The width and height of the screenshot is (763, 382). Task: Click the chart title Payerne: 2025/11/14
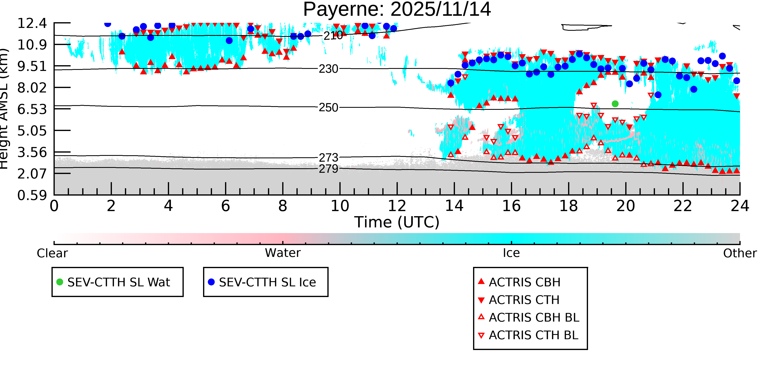coord(397,10)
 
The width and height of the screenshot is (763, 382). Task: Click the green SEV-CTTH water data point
coord(615,104)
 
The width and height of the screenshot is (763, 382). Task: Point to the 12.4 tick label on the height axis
coord(32,23)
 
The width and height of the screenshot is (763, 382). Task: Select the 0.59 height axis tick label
coord(32,195)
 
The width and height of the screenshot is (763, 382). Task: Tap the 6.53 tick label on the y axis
coord(32,109)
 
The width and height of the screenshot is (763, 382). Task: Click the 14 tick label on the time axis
coord(454,206)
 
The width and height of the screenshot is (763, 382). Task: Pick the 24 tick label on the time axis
coord(740,206)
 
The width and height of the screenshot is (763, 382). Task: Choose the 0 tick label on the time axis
coord(54,206)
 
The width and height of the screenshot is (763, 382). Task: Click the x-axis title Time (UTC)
coord(397,222)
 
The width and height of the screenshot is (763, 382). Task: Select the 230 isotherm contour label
coord(328,69)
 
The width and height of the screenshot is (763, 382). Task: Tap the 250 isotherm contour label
coord(328,107)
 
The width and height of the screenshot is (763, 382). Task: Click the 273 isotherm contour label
coord(328,157)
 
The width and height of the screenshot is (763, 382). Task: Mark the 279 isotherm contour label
coord(328,169)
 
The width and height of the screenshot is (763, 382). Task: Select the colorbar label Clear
coord(52,253)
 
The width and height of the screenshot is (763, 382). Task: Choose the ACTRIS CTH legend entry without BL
coord(524,300)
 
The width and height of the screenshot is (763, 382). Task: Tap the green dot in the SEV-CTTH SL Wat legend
coord(60,282)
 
